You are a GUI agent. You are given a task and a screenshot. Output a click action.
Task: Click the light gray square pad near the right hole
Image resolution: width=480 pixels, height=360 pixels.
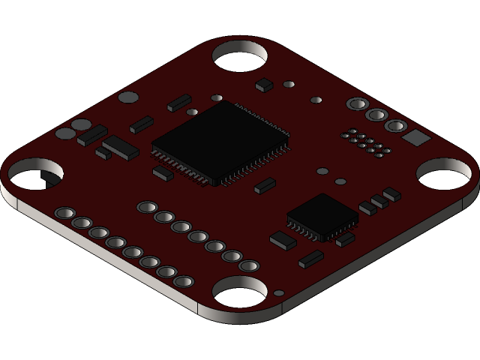pyautogui.click(x=415, y=137)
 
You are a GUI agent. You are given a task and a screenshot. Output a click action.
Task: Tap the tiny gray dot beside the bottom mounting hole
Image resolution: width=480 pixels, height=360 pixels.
pyautogui.click(x=279, y=293)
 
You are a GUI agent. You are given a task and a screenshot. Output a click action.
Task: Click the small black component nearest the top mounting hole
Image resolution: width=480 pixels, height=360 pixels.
pyautogui.click(x=264, y=85)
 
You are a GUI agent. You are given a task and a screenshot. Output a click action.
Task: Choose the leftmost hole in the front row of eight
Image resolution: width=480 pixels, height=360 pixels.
pyautogui.click(x=64, y=214)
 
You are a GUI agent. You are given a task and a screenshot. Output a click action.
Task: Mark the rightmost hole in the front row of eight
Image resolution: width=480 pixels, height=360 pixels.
pyautogui.click(x=183, y=282)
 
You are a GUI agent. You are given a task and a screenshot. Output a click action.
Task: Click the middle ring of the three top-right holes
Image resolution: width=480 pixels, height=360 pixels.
pyautogui.click(x=376, y=115)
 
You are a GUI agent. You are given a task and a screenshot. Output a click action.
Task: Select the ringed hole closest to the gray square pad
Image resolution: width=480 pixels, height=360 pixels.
pyautogui.click(x=395, y=126)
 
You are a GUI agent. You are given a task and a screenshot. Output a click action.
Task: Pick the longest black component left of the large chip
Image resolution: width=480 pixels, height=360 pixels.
pyautogui.click(x=121, y=148)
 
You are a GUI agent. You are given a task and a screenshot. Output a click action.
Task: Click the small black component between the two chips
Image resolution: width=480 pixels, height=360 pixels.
pyautogui.click(x=265, y=186)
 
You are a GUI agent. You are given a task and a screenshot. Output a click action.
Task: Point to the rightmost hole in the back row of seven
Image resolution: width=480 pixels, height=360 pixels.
pyautogui.click(x=249, y=265)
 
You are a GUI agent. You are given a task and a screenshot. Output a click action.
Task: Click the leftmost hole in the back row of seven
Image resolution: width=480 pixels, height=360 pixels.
pyautogui.click(x=147, y=206)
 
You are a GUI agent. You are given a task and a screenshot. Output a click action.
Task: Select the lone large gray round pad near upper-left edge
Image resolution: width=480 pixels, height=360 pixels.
pyautogui.click(x=129, y=97)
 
